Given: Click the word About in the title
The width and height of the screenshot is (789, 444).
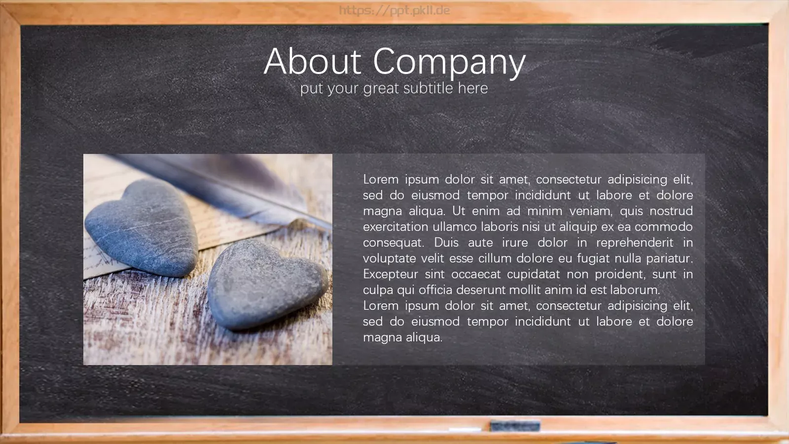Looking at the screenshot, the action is pos(313,61).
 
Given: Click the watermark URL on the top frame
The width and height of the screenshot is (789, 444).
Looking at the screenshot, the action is pos(394,10).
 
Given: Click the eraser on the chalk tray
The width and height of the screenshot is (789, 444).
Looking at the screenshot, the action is pos(515,426).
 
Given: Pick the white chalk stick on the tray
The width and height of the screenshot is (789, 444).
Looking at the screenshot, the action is pos(465,430).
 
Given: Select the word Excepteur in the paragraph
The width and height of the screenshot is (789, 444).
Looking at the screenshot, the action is pos(391,274).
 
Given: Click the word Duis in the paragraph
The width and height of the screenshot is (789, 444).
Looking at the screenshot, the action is pos(446,242).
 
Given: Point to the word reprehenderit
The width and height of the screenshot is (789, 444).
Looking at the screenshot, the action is pos(635,243).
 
